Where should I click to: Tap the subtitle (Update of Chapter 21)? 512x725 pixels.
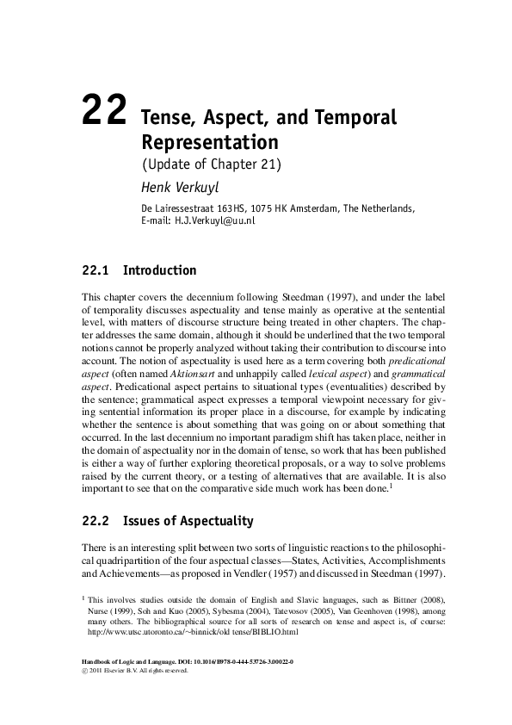point(211,164)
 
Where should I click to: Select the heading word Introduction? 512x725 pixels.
point(160,270)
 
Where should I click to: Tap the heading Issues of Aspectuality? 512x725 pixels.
point(188,520)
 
